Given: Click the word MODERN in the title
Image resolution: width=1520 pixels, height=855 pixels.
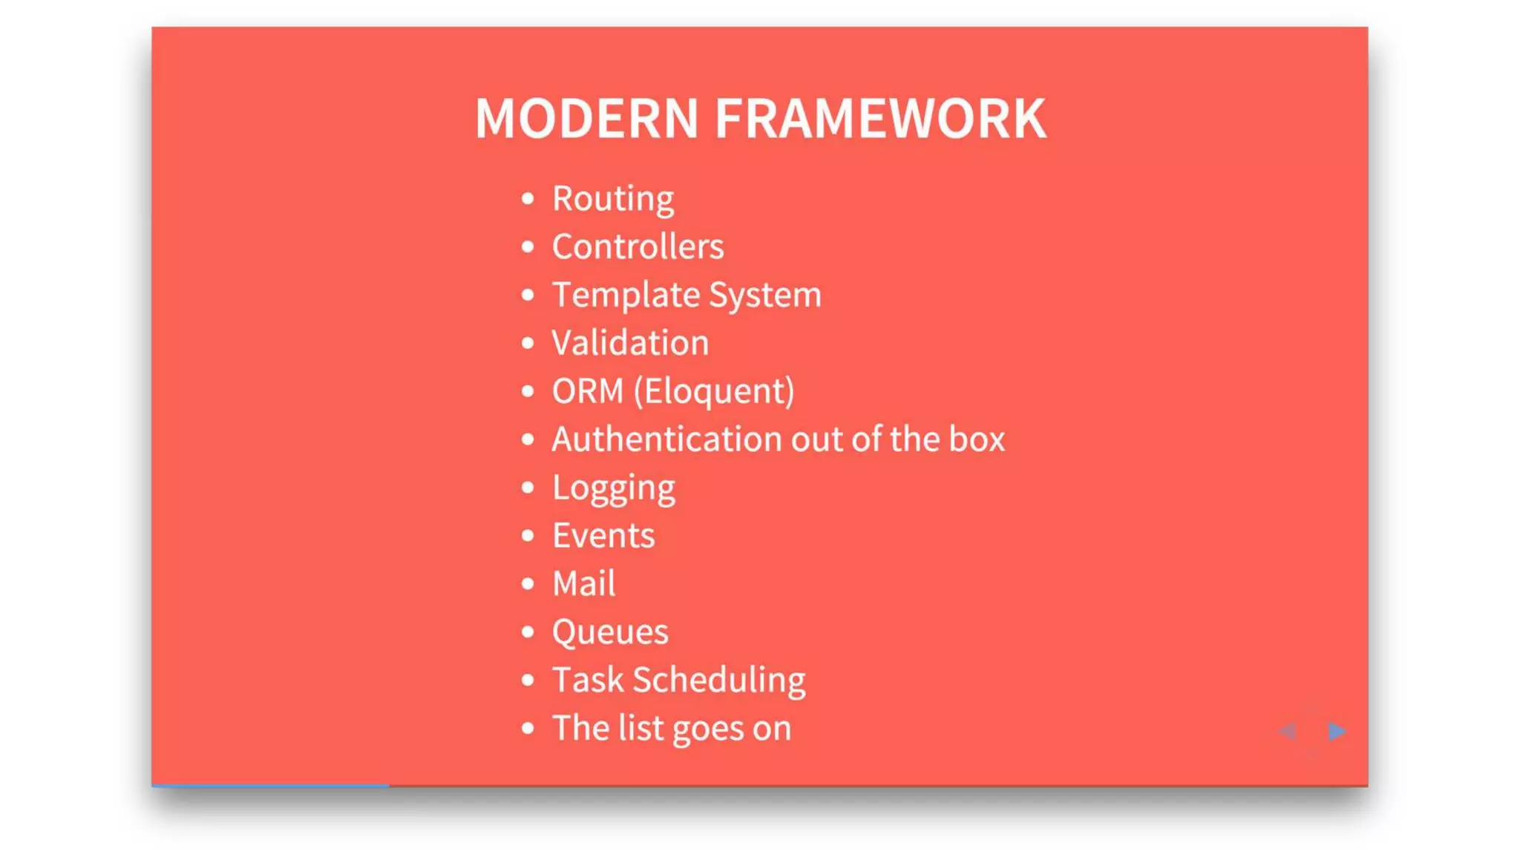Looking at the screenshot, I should (x=586, y=119).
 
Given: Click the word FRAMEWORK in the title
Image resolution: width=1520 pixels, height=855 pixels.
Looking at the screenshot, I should (x=880, y=119).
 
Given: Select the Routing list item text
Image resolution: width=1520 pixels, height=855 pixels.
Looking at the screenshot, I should (x=613, y=199).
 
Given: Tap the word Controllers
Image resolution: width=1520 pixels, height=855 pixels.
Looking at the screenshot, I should (x=638, y=247).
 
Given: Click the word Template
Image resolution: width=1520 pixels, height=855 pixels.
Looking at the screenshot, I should (x=626, y=295).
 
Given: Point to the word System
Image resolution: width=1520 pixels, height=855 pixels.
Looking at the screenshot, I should (x=765, y=295).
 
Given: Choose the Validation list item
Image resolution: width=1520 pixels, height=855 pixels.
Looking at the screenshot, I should (x=630, y=343).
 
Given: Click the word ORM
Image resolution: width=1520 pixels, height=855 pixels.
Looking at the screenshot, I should (x=587, y=391).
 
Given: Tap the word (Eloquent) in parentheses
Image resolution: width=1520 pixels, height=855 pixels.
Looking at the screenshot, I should (x=714, y=391).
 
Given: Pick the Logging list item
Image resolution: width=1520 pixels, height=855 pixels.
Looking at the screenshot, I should (x=614, y=488).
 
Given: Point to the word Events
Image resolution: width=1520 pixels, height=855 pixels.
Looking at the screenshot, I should (x=603, y=536).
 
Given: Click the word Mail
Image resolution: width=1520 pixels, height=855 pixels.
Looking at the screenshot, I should (x=584, y=584).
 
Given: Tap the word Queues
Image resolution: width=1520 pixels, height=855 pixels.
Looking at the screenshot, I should (x=610, y=632).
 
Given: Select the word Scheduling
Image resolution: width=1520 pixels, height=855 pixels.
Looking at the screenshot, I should (x=719, y=681).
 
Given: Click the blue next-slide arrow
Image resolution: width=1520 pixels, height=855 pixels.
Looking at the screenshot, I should (x=1337, y=732).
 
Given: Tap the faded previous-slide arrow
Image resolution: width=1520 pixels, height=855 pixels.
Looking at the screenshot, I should (x=1288, y=732).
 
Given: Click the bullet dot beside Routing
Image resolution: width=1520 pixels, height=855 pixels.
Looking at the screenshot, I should (x=528, y=199).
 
